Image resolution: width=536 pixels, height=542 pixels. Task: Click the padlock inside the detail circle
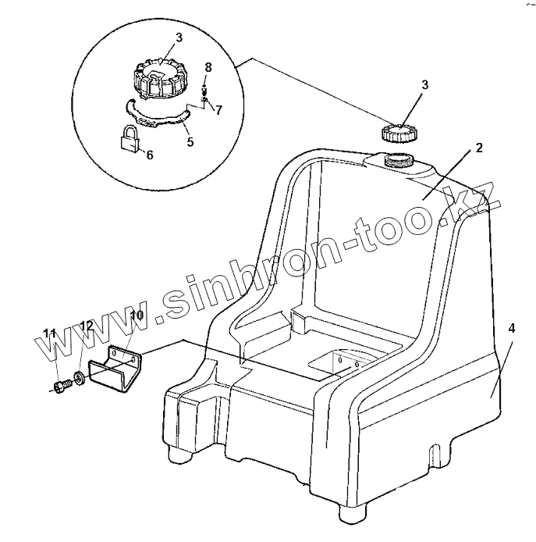tap(130, 140)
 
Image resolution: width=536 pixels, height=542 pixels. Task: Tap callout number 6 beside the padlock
tap(150, 155)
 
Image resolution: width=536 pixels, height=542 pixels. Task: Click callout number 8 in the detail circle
tap(208, 69)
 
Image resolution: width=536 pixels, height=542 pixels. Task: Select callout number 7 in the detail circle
tap(218, 110)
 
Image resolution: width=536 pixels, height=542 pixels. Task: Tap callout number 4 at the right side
tap(511, 329)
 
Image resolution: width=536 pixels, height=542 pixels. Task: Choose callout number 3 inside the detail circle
tap(179, 37)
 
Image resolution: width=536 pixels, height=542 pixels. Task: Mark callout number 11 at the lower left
tap(50, 334)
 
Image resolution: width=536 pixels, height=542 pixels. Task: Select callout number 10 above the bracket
tap(136, 316)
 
